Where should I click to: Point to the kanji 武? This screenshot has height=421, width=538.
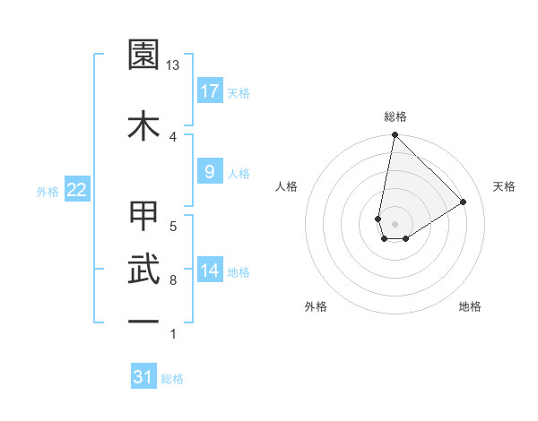tap(144, 268)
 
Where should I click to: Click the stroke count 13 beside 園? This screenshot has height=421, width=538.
tap(173, 65)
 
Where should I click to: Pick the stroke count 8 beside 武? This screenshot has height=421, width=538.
tap(173, 280)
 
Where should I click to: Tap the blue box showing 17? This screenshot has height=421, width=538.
tap(209, 91)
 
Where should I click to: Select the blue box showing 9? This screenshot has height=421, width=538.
tap(209, 172)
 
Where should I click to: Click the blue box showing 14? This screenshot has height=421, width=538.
tap(209, 271)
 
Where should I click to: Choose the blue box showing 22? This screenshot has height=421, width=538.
tap(76, 189)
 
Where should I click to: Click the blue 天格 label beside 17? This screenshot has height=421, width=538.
tap(239, 93)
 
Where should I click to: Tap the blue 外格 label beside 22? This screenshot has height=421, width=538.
tap(48, 191)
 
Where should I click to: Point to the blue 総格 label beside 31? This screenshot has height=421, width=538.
tap(172, 379)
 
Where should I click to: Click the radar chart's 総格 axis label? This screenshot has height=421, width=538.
tap(395, 116)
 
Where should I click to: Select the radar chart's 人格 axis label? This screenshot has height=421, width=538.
tap(287, 186)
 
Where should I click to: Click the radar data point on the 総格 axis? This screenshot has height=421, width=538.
tap(395, 135)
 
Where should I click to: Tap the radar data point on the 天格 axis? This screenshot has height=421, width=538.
tap(464, 202)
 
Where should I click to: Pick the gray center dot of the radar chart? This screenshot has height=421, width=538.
tap(395, 223)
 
